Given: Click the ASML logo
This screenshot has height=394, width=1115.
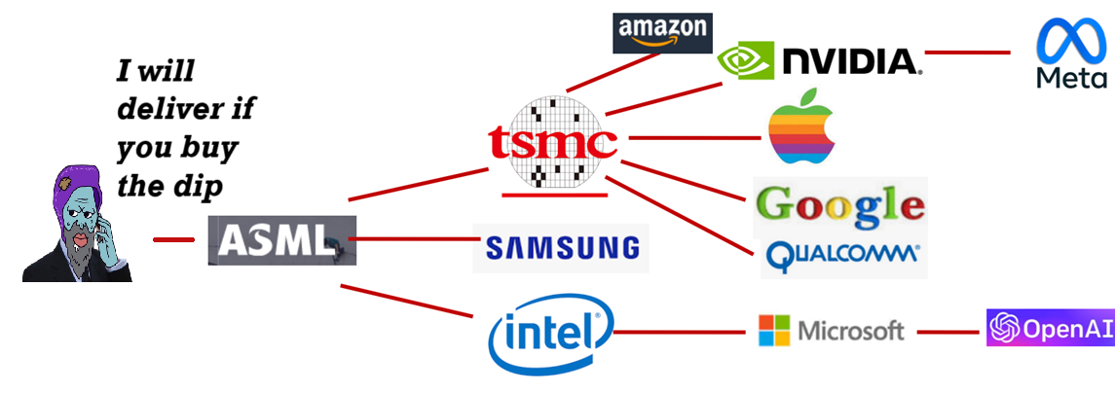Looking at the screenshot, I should [x=281, y=240].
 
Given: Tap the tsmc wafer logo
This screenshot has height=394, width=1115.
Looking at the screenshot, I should [x=553, y=142].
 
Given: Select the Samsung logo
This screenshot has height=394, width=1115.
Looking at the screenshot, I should [x=561, y=248].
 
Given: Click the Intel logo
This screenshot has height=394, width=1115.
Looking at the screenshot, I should [x=551, y=334].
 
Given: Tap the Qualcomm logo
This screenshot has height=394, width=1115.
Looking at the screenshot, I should [x=843, y=255].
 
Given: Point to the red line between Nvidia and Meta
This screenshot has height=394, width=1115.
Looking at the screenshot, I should [x=967, y=52].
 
